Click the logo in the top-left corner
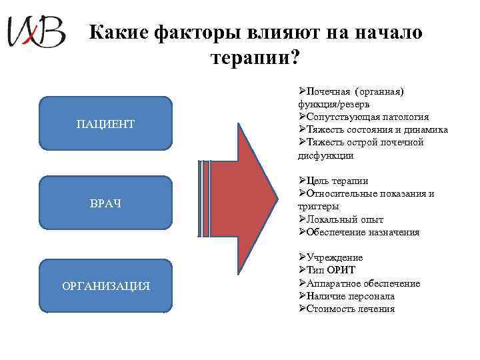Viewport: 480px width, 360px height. [36, 32]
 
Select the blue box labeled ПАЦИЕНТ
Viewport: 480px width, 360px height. [105, 124]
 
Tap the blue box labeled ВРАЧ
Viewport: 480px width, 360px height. [105, 203]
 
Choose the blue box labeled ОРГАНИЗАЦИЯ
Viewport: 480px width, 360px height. [105, 286]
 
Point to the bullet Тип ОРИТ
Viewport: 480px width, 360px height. [331, 271]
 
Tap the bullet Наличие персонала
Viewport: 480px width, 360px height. [351, 296]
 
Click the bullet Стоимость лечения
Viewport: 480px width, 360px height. [351, 309]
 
